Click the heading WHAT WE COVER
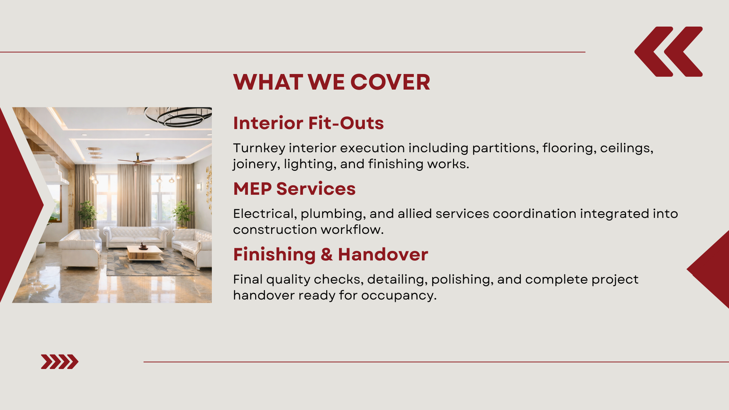[x=332, y=82]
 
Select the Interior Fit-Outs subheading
[x=308, y=123]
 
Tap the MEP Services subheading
[x=294, y=189]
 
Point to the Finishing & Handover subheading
[x=331, y=255]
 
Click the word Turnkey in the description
[x=259, y=149]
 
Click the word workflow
[x=352, y=230]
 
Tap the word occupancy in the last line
[x=399, y=296]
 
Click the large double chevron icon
[x=668, y=52]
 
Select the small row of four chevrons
[x=60, y=362]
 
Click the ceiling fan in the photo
[x=137, y=160]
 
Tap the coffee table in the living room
[x=145, y=253]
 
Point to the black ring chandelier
[x=178, y=116]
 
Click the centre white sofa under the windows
[x=136, y=237]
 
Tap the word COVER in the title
[x=390, y=82]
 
